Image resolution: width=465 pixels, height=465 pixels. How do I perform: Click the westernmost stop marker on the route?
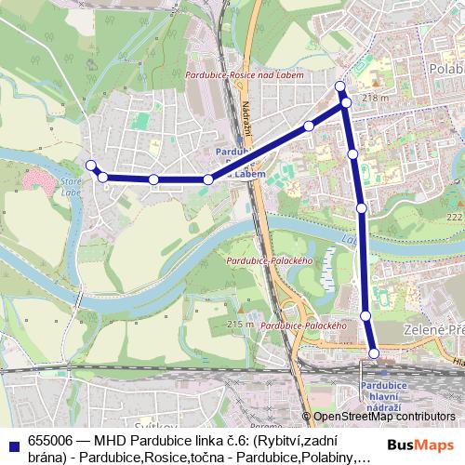point(91,166)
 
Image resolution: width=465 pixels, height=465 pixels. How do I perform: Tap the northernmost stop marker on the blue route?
point(340,86)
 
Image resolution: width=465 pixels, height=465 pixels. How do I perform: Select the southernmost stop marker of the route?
point(374,352)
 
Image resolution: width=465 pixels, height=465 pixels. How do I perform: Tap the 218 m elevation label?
point(374,97)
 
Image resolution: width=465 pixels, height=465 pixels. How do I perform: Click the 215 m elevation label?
point(240,324)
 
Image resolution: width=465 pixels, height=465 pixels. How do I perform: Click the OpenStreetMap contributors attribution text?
point(385,417)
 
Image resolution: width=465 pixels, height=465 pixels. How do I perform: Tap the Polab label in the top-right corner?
point(445,68)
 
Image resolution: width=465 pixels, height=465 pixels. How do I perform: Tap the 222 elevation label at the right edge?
point(454,216)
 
